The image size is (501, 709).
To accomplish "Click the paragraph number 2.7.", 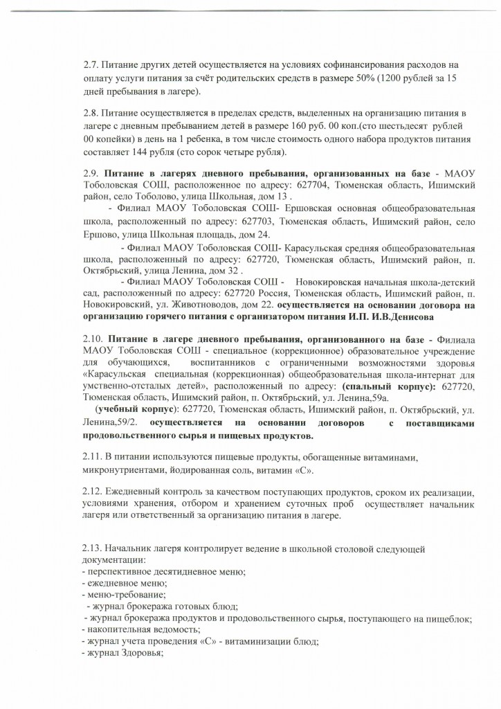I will click(90, 65).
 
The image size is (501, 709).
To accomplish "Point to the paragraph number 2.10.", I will click(92, 341).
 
